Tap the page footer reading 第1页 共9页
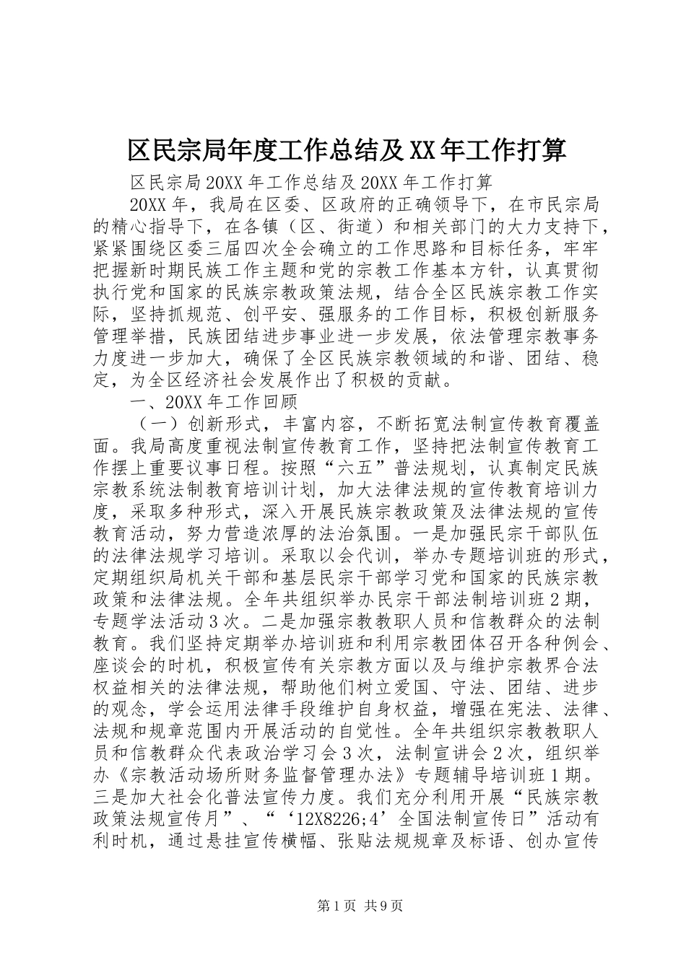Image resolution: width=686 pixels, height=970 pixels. click(343, 905)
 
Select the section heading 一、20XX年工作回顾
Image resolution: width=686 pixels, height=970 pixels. click(214, 401)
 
